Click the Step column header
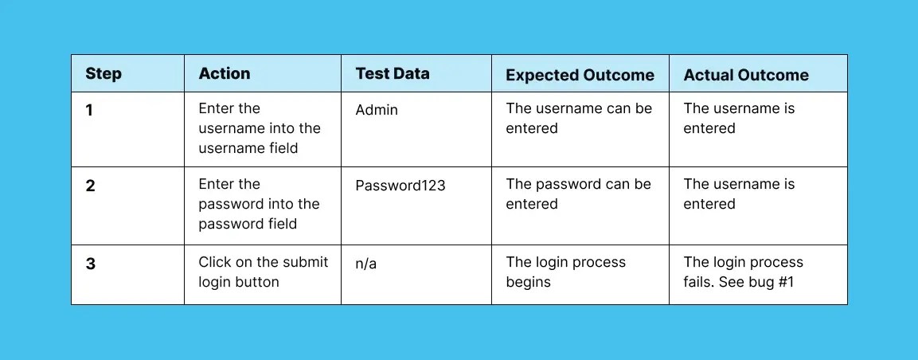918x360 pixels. (104, 74)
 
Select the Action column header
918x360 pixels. (225, 73)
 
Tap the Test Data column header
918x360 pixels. (393, 73)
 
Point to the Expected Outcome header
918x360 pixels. (580, 75)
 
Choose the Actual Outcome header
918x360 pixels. (746, 75)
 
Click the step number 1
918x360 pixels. (90, 110)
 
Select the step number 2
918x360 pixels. (90, 186)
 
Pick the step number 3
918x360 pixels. (91, 263)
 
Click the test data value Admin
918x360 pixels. (377, 110)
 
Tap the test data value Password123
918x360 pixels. (400, 186)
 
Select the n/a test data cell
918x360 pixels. (366, 263)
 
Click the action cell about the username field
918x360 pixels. (260, 128)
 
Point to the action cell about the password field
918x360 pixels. (259, 204)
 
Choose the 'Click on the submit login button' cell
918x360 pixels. (263, 272)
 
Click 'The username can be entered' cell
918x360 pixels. (579, 118)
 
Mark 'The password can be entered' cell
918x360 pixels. (578, 194)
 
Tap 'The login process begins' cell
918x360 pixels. (565, 272)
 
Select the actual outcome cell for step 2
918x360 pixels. (739, 194)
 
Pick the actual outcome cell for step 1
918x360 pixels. (739, 118)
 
